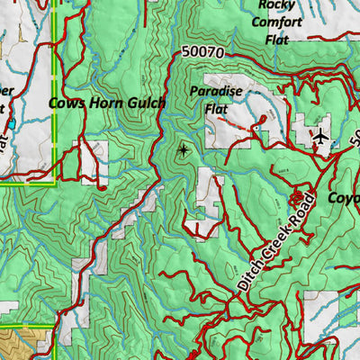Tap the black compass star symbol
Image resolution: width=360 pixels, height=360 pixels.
[x=184, y=150]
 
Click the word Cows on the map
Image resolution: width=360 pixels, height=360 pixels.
[x=66, y=104]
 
